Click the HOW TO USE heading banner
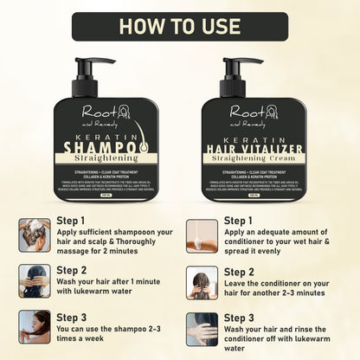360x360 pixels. tap(180, 24)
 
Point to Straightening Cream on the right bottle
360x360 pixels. tap(254, 161)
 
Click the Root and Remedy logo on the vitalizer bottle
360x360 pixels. tap(254, 113)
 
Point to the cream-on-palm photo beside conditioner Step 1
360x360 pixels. tap(202, 235)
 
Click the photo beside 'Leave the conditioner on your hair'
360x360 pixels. tap(202, 281)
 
